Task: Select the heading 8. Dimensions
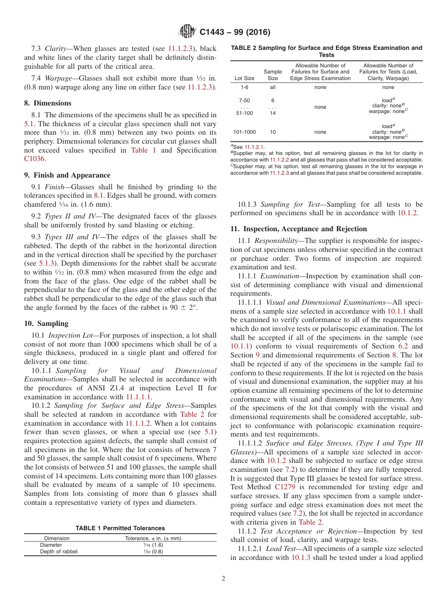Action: (48, 103)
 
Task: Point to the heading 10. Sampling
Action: (46, 324)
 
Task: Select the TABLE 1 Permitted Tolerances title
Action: (120, 528)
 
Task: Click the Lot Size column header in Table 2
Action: (244, 78)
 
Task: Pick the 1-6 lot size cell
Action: (245, 87)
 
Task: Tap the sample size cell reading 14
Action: (272, 113)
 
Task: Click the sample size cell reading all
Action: (272, 87)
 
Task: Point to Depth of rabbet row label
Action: (59, 551)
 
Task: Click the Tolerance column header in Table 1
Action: (153, 538)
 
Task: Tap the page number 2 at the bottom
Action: (223, 579)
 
